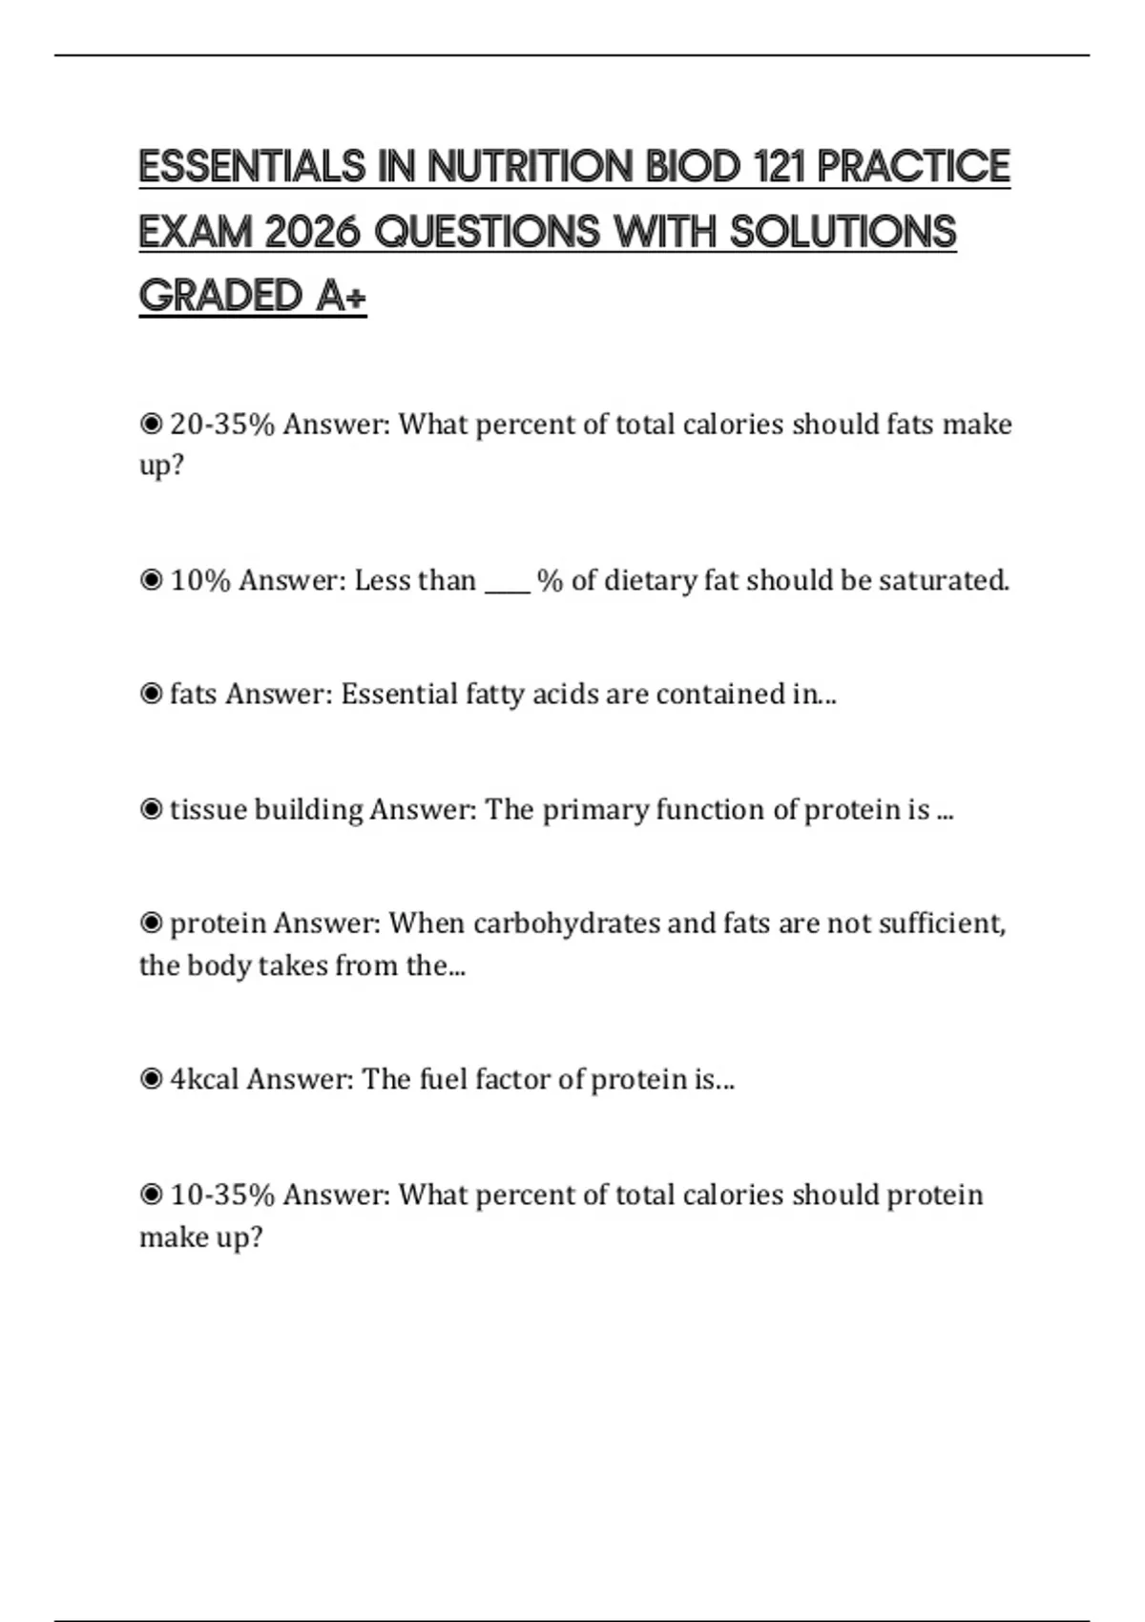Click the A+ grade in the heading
point(341,296)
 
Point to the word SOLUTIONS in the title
point(843,232)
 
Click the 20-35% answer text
point(222,424)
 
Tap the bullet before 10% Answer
point(151,580)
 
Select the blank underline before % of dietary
point(507,582)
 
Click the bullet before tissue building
point(151,809)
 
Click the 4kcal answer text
point(204,1079)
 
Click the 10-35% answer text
point(222,1195)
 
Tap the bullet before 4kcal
point(151,1079)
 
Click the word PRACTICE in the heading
point(913,166)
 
